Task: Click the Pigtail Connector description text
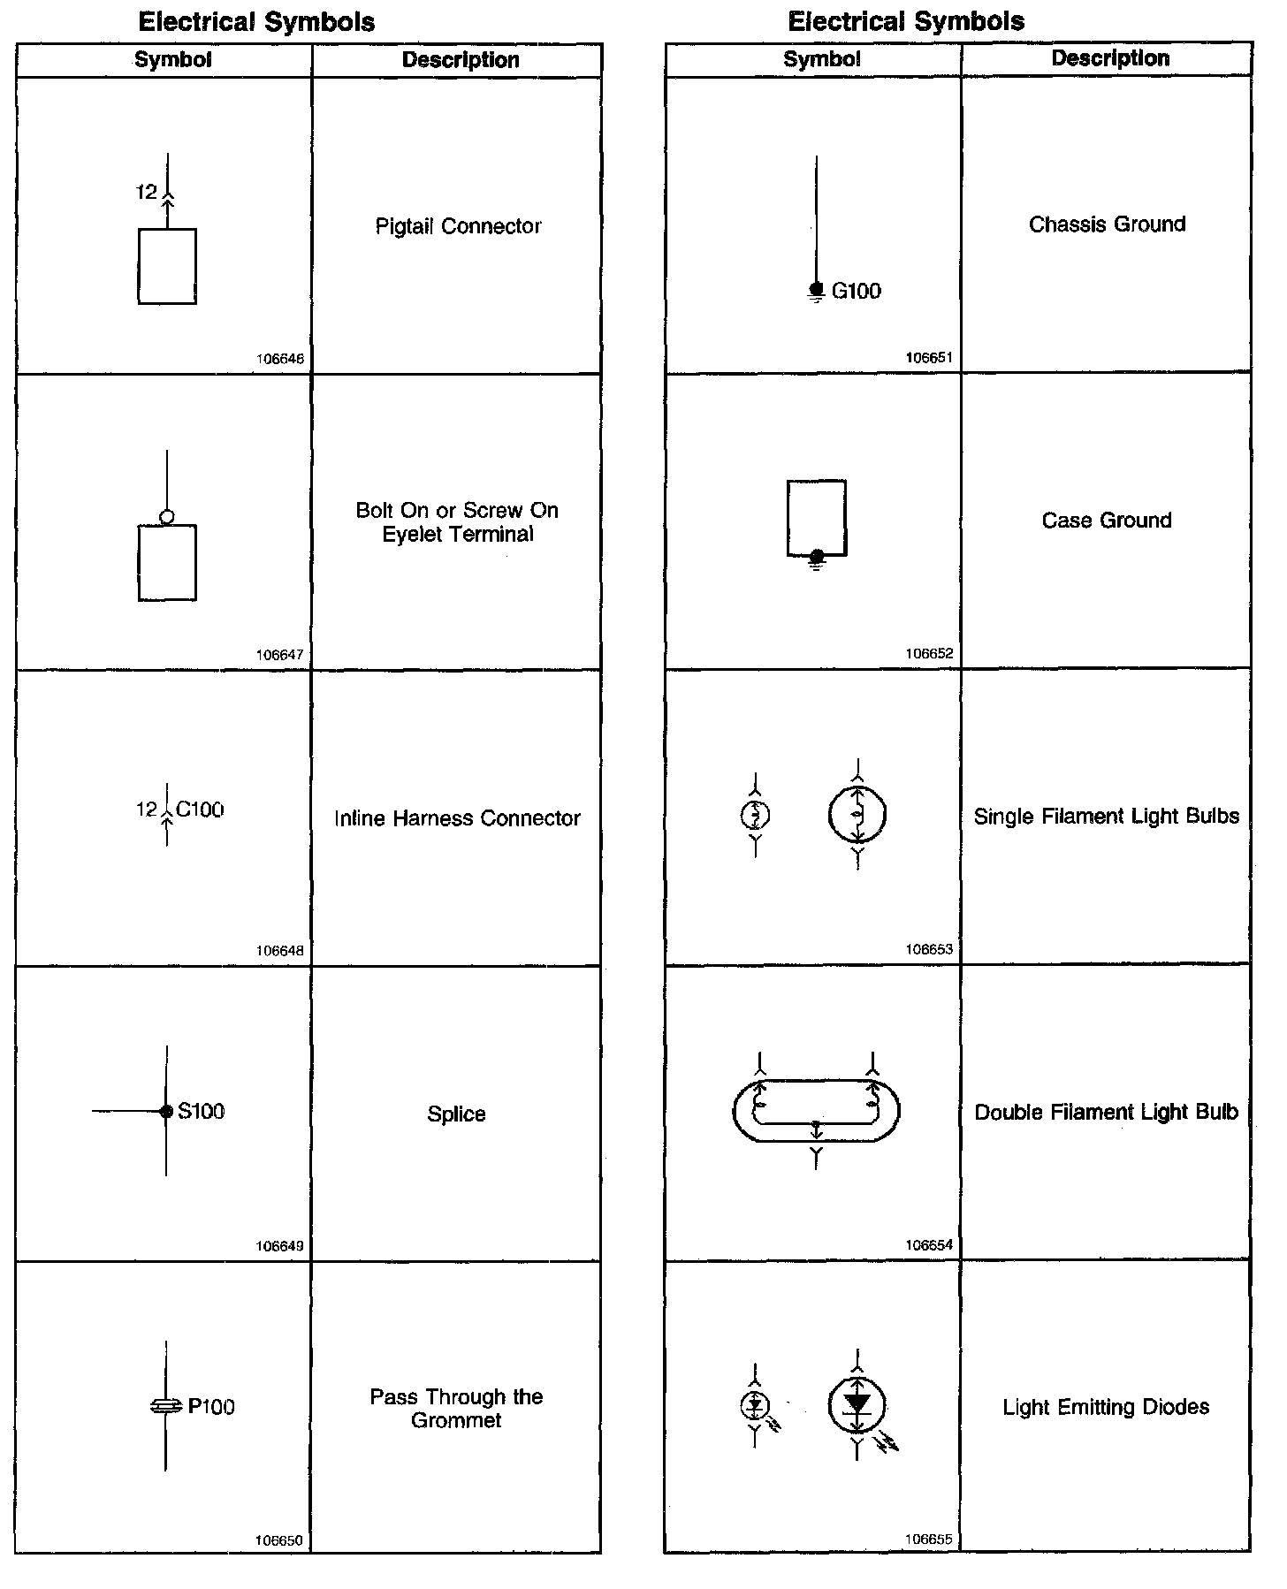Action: pos(458,226)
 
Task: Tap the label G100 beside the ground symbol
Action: pos(856,291)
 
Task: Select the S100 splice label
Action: pos(201,1111)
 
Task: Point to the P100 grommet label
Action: pos(211,1407)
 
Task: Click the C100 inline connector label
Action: pos(200,810)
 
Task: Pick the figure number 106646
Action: pos(280,360)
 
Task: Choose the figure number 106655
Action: pos(929,1539)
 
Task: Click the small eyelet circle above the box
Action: pos(167,517)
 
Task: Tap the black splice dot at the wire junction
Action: pos(166,1112)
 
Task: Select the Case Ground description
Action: pos(1107,521)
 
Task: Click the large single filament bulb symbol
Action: pos(857,815)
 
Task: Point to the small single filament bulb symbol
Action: pos(755,815)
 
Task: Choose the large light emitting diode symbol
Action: pos(857,1405)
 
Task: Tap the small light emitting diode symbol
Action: pos(754,1404)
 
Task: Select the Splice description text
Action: pos(456,1114)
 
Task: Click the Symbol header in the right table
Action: pos(821,59)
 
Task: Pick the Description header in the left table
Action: pos(461,60)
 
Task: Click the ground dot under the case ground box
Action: pos(817,555)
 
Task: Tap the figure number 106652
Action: pos(929,654)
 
